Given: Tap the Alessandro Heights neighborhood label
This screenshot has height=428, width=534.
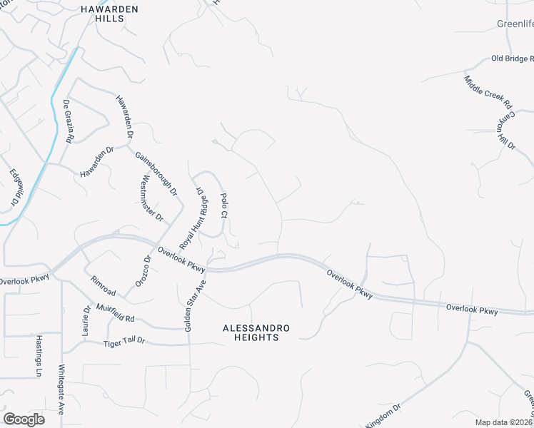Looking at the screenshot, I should tap(256, 332).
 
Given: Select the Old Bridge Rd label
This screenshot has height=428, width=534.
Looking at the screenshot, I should tap(513, 58).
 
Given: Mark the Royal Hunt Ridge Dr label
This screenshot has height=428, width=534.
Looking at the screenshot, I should tap(193, 217).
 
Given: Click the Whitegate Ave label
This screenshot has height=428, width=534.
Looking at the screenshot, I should tap(61, 389).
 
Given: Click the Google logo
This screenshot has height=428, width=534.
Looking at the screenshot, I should tap(24, 419).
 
